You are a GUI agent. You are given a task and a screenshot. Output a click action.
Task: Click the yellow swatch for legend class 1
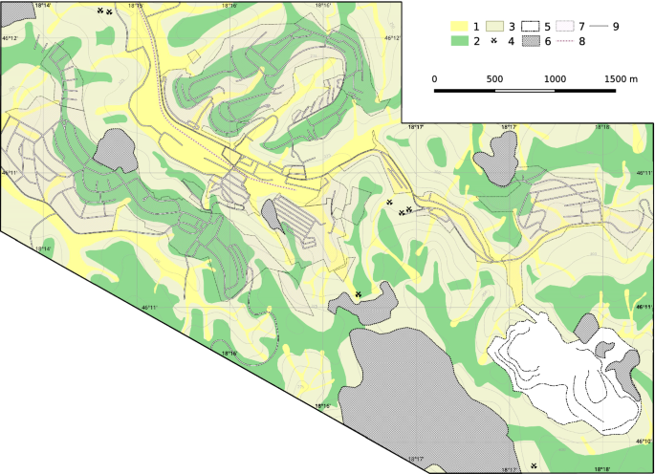[x=459, y=26]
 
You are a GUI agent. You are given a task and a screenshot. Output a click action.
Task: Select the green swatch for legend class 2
[x=459, y=41]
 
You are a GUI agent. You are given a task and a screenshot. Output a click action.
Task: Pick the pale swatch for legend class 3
[x=494, y=26]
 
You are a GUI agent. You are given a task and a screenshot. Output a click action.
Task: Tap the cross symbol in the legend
[x=494, y=41]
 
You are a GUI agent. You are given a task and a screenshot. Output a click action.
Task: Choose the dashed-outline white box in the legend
[x=530, y=26]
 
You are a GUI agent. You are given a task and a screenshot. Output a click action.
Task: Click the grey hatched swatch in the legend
[x=530, y=41]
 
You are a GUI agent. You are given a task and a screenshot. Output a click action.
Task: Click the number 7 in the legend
[x=581, y=26]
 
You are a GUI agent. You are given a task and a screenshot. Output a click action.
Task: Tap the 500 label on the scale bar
[x=494, y=79]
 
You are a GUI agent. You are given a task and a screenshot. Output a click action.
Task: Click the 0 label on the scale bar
[x=435, y=79]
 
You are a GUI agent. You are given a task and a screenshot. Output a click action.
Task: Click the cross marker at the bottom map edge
[x=534, y=465]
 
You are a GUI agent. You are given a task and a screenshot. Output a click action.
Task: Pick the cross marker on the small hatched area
[x=358, y=294]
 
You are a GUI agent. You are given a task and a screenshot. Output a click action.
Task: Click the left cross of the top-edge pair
[x=99, y=11]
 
